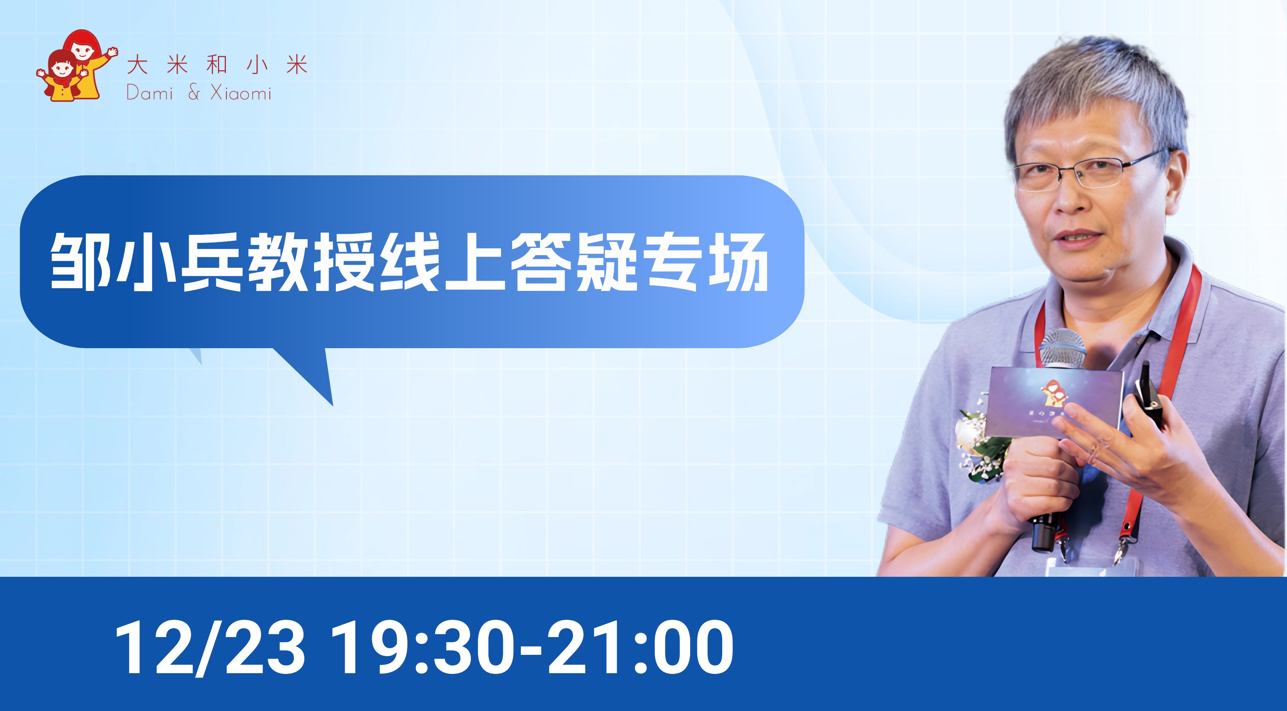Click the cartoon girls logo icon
77,66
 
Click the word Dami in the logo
150,92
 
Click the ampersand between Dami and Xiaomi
194,92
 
